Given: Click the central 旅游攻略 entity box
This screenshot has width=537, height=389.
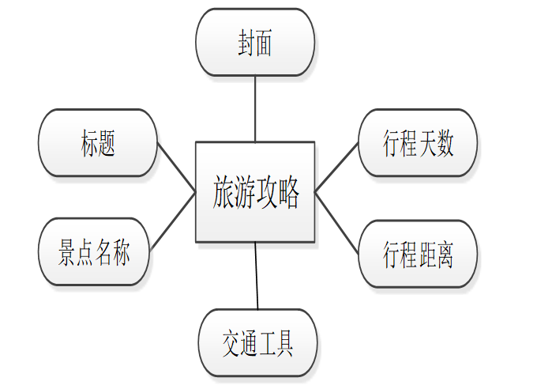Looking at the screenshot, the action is click(x=255, y=192).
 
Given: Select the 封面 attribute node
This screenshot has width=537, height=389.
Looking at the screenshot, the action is click(x=255, y=42).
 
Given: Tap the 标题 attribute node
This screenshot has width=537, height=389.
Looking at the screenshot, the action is click(x=98, y=143).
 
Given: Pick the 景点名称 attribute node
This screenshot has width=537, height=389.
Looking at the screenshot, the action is click(x=95, y=253).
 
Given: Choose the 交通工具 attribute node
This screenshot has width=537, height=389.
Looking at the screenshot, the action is click(x=257, y=342).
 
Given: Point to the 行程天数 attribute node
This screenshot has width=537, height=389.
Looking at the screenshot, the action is click(x=418, y=143).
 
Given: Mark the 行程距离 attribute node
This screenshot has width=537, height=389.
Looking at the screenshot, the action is click(x=418, y=254).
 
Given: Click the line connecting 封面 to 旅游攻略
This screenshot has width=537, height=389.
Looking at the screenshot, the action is click(x=255, y=108).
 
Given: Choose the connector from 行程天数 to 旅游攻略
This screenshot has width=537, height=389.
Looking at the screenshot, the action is click(x=336, y=167).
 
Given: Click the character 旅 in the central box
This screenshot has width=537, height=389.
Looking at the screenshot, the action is click(x=223, y=193).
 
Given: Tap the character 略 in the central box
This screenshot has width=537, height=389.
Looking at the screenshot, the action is click(x=288, y=193).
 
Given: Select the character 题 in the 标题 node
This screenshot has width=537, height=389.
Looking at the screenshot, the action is click(x=107, y=144).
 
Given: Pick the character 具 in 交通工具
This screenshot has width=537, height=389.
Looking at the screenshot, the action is click(x=284, y=343).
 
